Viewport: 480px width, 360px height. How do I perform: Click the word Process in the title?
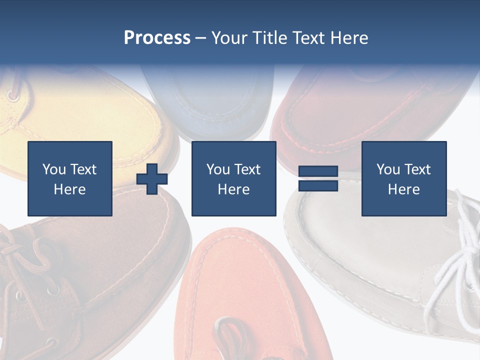(x=157, y=38)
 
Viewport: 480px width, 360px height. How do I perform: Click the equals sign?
(x=318, y=178)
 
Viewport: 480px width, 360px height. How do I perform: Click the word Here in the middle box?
(x=233, y=189)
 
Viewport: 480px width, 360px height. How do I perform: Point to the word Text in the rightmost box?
(x=417, y=169)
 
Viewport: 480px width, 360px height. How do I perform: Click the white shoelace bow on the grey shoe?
(x=457, y=255)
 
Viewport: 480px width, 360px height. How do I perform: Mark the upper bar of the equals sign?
(x=318, y=171)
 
